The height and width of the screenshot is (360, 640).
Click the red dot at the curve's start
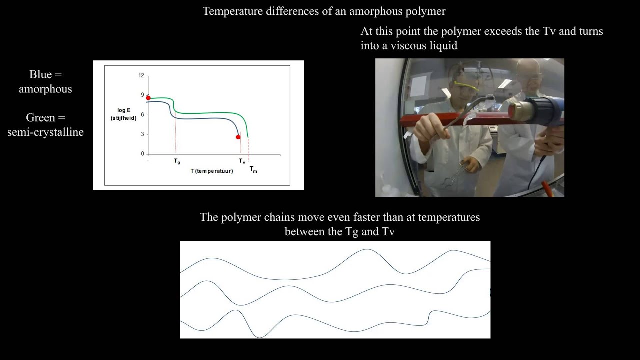click(x=148, y=98)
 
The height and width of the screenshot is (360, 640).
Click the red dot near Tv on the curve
click(x=238, y=137)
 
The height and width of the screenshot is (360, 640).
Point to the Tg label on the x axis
click(x=177, y=161)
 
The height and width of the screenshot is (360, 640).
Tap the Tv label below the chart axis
click(x=242, y=161)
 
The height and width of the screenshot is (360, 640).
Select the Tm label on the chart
click(x=253, y=169)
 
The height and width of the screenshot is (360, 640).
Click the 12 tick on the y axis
click(x=141, y=76)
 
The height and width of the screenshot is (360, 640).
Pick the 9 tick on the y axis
click(x=142, y=95)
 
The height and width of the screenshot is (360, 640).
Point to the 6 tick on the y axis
click(x=142, y=115)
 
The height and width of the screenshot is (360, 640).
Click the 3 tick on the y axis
click(x=142, y=134)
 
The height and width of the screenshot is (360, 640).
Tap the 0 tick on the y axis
click(x=142, y=154)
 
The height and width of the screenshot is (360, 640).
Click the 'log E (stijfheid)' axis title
click(x=123, y=115)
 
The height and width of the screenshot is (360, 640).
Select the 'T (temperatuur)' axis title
click(x=212, y=171)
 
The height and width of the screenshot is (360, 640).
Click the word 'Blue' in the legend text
click(x=40, y=75)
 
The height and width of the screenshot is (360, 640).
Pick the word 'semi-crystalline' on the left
click(x=45, y=132)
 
